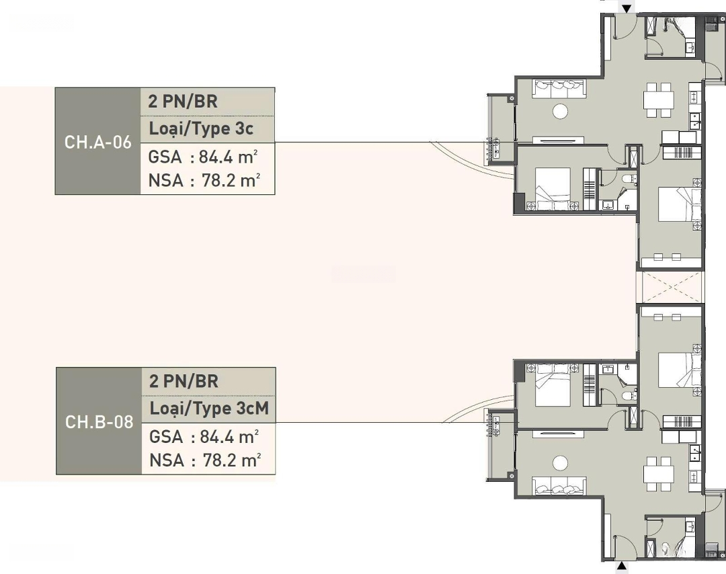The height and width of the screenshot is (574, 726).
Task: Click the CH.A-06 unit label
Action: click(x=97, y=142)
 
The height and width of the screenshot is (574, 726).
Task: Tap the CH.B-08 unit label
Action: click(x=99, y=421)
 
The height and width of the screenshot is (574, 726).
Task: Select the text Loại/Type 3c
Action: click(x=201, y=128)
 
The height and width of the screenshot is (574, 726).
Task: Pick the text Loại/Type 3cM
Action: click(x=209, y=409)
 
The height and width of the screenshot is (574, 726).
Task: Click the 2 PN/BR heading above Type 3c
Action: click(x=183, y=101)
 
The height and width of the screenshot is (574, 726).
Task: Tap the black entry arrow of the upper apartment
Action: click(x=627, y=9)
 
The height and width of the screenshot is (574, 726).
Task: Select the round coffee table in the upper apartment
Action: click(x=561, y=111)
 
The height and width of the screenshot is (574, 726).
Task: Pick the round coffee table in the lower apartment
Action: click(x=560, y=462)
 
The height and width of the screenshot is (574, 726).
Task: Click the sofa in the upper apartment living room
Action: click(x=559, y=89)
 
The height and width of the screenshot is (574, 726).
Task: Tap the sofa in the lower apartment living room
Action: click(x=559, y=485)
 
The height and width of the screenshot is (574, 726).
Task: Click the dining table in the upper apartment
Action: click(x=658, y=99)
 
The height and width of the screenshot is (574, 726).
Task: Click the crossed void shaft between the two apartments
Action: click(x=670, y=288)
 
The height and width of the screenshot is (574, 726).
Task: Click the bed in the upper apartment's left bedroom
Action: click(x=553, y=190)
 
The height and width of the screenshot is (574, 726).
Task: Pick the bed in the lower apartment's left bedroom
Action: click(x=553, y=384)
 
